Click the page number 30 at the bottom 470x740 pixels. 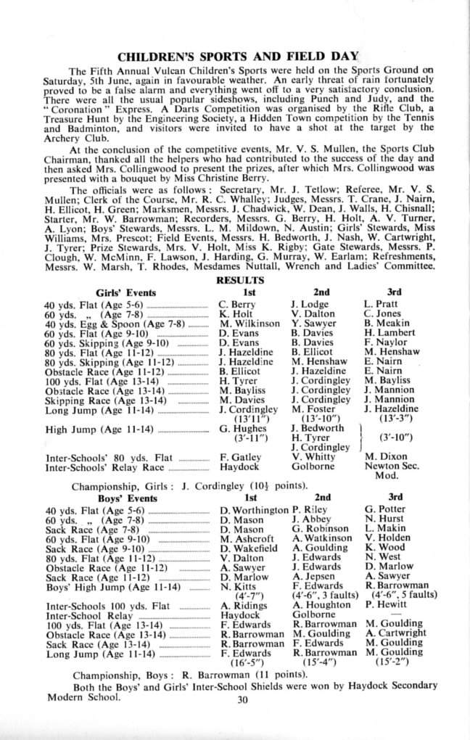242,700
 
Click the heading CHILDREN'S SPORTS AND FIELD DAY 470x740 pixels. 235,56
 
